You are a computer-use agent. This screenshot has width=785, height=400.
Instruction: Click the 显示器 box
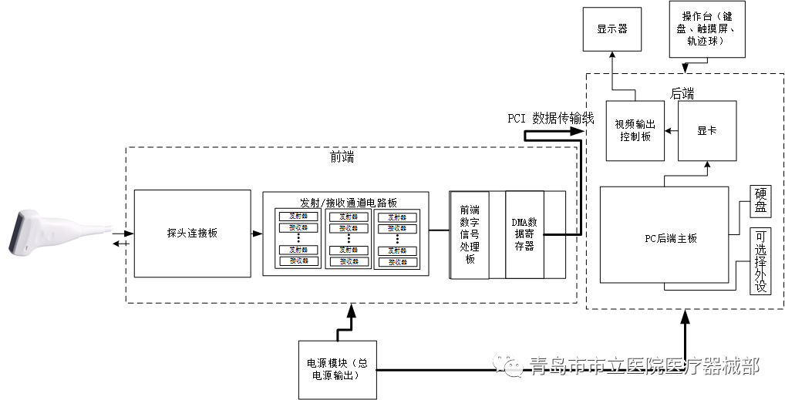[x=611, y=29]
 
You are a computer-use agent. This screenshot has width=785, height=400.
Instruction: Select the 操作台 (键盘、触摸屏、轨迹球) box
[x=706, y=29]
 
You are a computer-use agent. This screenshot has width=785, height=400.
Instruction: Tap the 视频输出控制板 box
[x=634, y=130]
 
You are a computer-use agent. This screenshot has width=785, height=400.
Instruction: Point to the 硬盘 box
[x=760, y=202]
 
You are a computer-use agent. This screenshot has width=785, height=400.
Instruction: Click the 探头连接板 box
[x=192, y=232]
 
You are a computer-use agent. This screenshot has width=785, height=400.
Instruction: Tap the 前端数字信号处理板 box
[x=469, y=234]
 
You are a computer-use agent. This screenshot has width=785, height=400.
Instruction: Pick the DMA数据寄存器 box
[x=524, y=234]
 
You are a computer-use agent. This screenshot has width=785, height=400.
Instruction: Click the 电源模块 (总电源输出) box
[x=338, y=369]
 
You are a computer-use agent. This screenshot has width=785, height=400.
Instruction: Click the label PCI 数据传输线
[x=550, y=118]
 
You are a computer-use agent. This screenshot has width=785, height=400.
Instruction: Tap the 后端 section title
[x=682, y=93]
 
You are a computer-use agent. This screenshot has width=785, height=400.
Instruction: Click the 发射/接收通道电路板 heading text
[x=348, y=202]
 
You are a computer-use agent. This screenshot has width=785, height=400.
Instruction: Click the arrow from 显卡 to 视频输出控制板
[x=671, y=131]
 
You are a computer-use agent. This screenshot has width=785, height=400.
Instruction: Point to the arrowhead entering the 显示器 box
[x=611, y=56]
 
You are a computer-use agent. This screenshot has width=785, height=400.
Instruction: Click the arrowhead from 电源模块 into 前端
[x=352, y=310]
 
